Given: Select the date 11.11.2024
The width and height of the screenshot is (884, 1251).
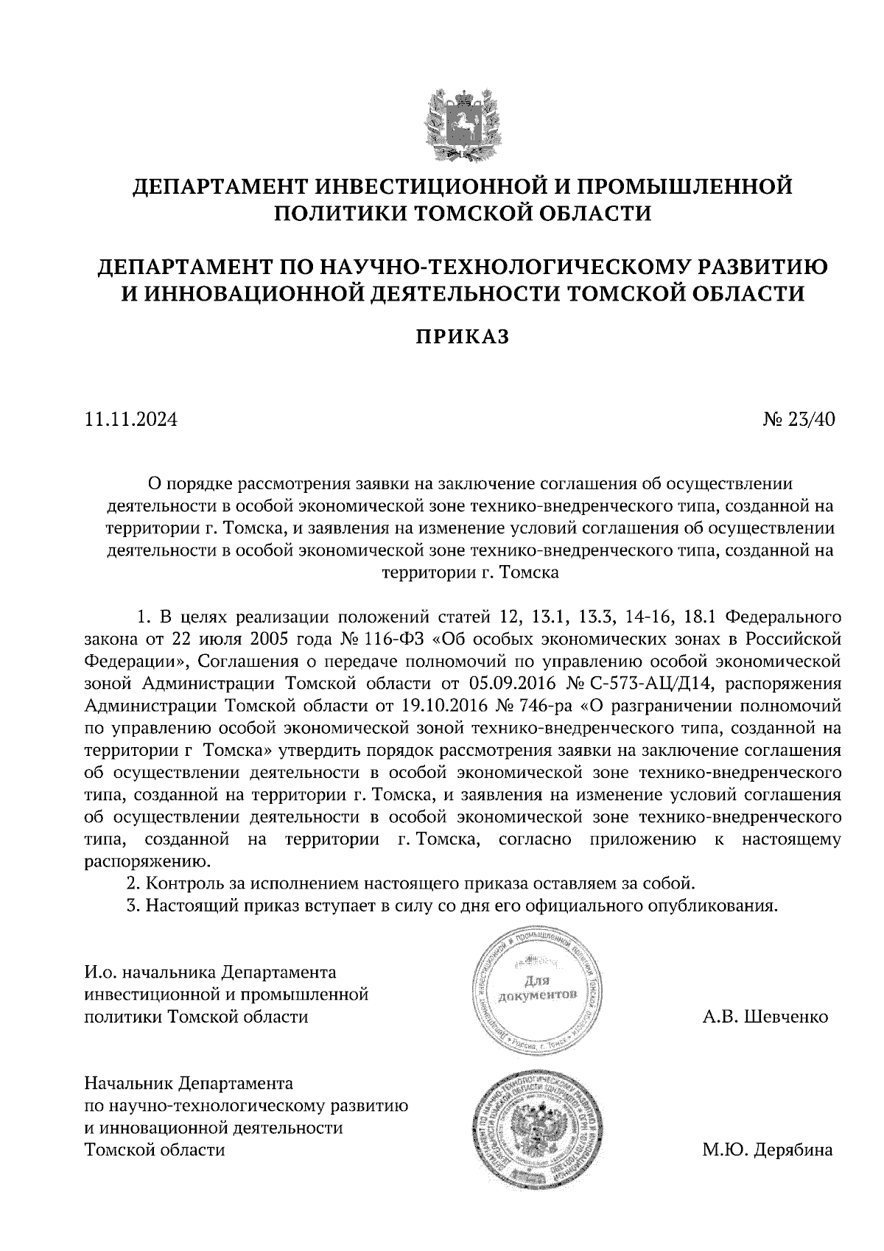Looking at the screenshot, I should [131, 420].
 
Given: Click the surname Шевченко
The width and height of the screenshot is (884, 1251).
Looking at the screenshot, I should [787, 1017].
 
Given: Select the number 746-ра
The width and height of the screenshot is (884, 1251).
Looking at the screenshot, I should [543, 705].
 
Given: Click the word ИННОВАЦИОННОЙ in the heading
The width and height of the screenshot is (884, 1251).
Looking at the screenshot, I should [254, 293].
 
